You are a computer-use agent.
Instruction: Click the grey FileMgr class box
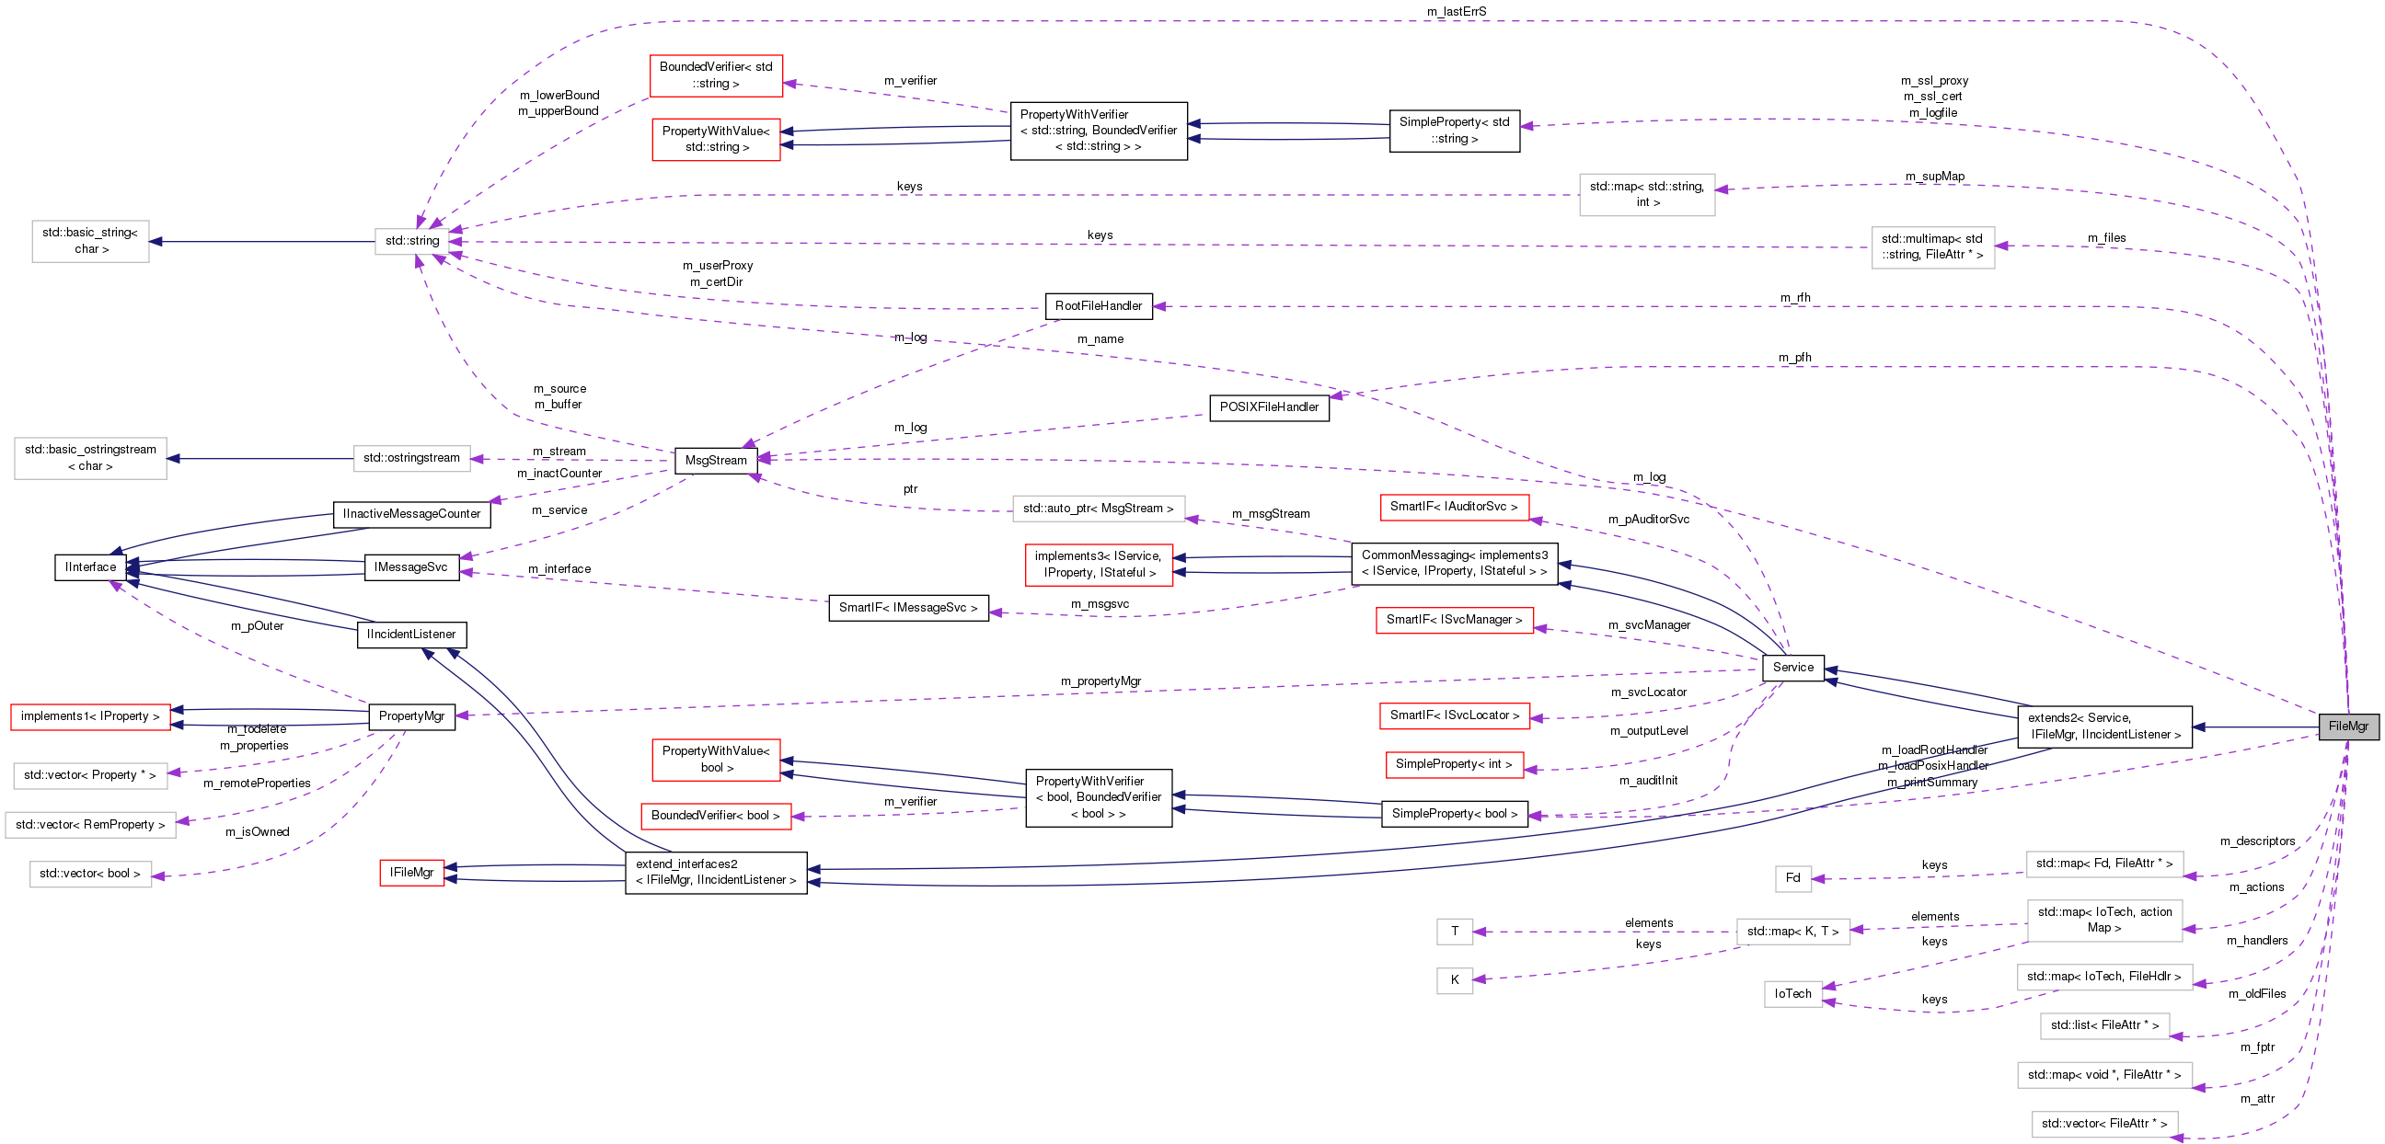[2347, 726]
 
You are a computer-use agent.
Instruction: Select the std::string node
[412, 241]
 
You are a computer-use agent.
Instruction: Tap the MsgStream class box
[716, 460]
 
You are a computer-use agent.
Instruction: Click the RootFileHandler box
[1098, 305]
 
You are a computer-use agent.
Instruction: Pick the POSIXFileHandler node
[1269, 407]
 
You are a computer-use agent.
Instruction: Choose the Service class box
[1792, 668]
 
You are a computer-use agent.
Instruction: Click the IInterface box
[91, 566]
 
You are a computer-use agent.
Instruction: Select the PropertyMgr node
[411, 716]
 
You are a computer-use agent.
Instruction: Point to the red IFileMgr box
[411, 872]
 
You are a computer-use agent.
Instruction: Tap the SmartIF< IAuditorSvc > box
[1454, 508]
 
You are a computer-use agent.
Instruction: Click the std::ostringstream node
[411, 458]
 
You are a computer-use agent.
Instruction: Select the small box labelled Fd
[1792, 877]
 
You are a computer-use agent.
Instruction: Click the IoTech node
[1792, 994]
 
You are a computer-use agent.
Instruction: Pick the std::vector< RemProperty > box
[90, 825]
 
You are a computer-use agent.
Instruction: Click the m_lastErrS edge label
[1457, 12]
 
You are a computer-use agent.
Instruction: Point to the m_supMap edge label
[1934, 177]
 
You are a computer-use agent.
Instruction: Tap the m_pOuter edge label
[257, 626]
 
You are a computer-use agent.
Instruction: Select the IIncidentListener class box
[411, 634]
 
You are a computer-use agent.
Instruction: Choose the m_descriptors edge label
[2257, 841]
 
